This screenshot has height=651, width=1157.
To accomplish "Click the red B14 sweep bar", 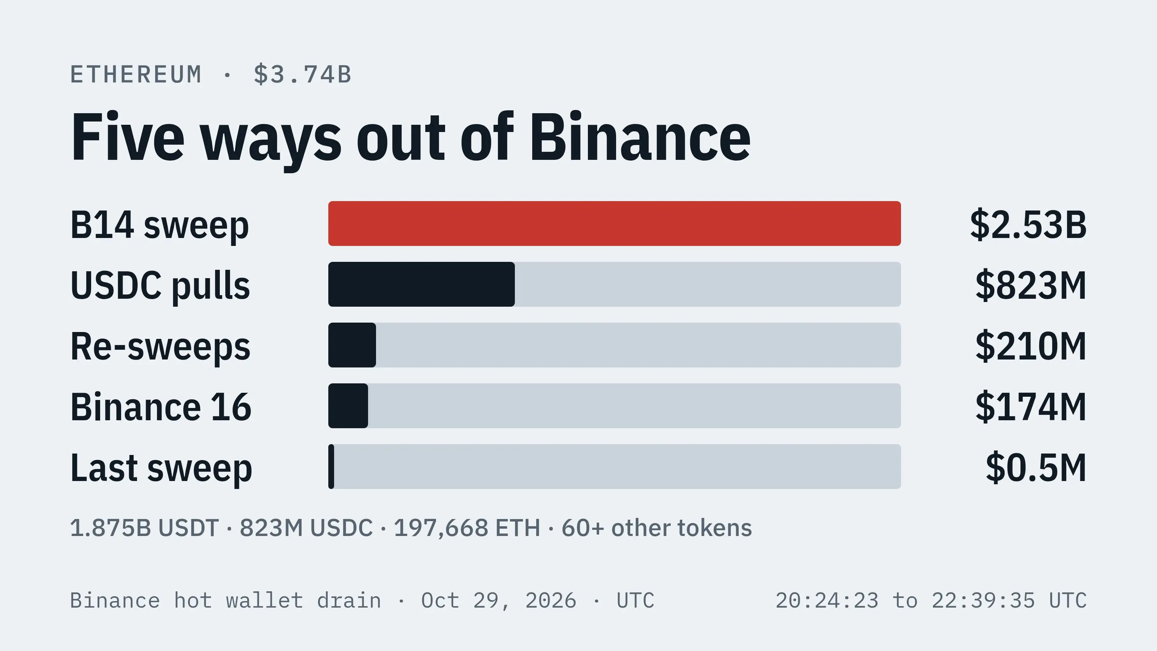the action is coord(614,223).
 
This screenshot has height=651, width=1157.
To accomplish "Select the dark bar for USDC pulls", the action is coord(421,284).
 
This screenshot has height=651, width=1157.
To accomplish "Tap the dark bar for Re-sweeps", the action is coord(352,345).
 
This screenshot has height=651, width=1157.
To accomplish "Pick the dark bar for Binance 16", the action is coord(348,406).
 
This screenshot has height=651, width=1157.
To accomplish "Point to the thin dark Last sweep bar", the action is coord(332,466).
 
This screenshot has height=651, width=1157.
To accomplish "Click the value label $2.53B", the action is coord(1028,225).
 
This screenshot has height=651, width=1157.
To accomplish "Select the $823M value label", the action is coord(1031,285).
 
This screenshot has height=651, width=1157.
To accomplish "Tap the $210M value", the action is coord(1031,346).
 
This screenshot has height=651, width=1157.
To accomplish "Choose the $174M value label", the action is coord(1031,407).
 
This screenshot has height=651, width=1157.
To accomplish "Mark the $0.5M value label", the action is coord(1036,468).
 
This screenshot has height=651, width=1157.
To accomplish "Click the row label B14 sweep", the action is coord(159,226).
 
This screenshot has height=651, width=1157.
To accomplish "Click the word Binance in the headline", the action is coord(640,137).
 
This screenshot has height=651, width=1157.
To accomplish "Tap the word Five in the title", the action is coord(128,137).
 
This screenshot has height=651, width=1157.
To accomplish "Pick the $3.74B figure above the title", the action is coord(302,75).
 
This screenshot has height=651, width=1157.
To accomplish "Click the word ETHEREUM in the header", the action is coord(136,75).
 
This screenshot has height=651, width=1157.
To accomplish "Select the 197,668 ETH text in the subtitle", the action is coord(467,528).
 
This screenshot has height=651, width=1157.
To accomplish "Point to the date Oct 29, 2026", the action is coord(499,601).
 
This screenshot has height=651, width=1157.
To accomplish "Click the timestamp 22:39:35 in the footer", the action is coord(983,601).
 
